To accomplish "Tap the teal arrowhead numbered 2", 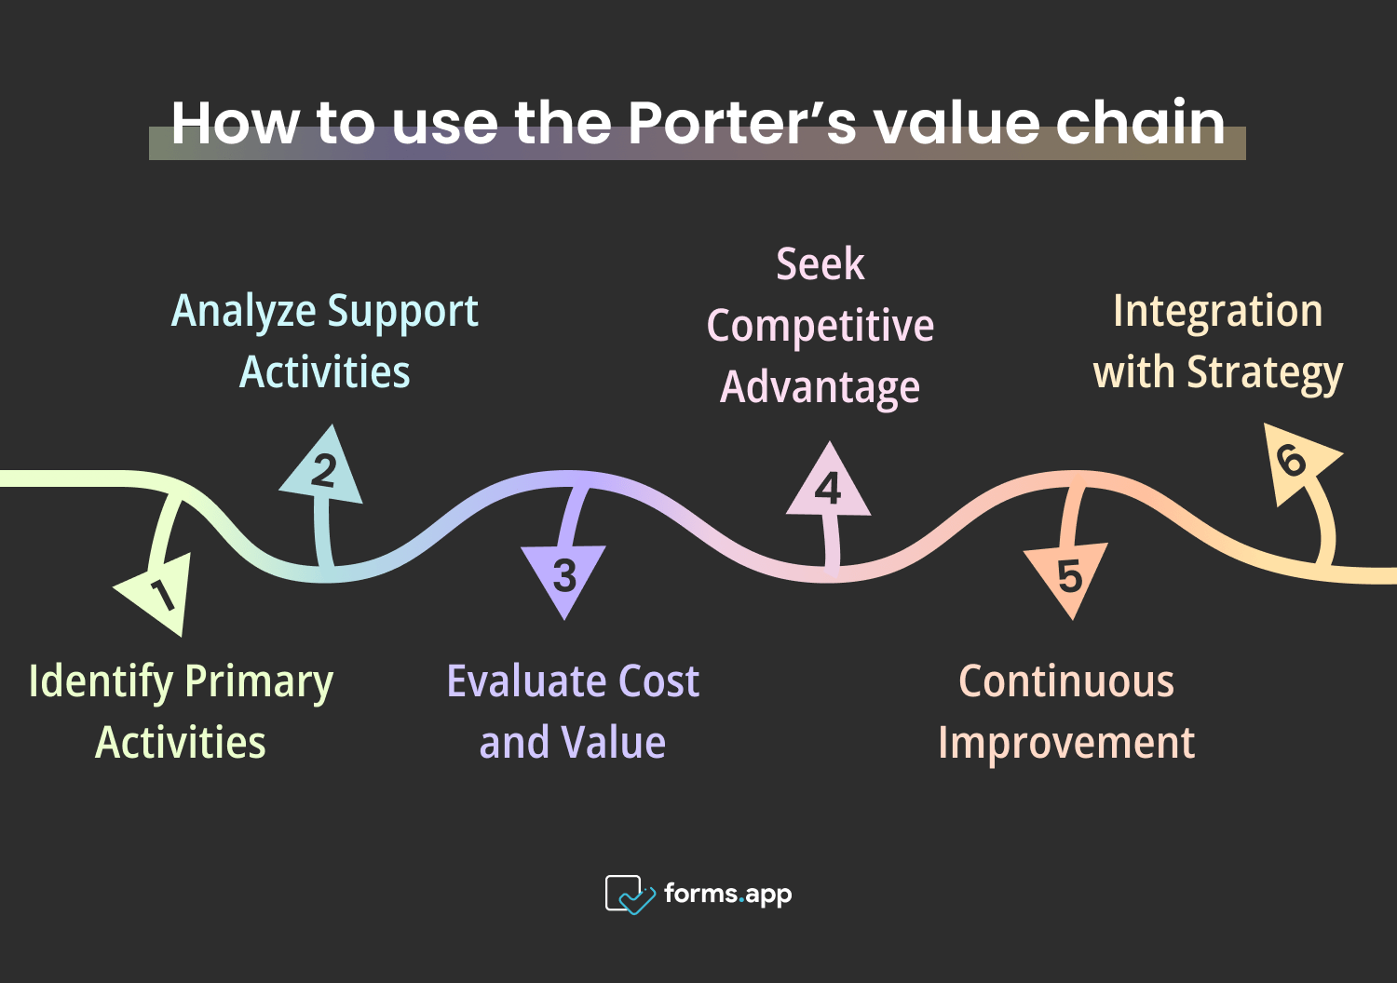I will point(322,471).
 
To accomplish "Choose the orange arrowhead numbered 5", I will point(1068,577).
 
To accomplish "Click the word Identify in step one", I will point(102,682).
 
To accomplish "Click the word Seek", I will point(820,264).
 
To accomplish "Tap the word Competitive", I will point(820,327).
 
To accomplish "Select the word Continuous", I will point(1066,681).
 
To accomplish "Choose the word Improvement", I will point(1066,743).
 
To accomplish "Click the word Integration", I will point(1217,311).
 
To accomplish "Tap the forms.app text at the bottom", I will point(727,895).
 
